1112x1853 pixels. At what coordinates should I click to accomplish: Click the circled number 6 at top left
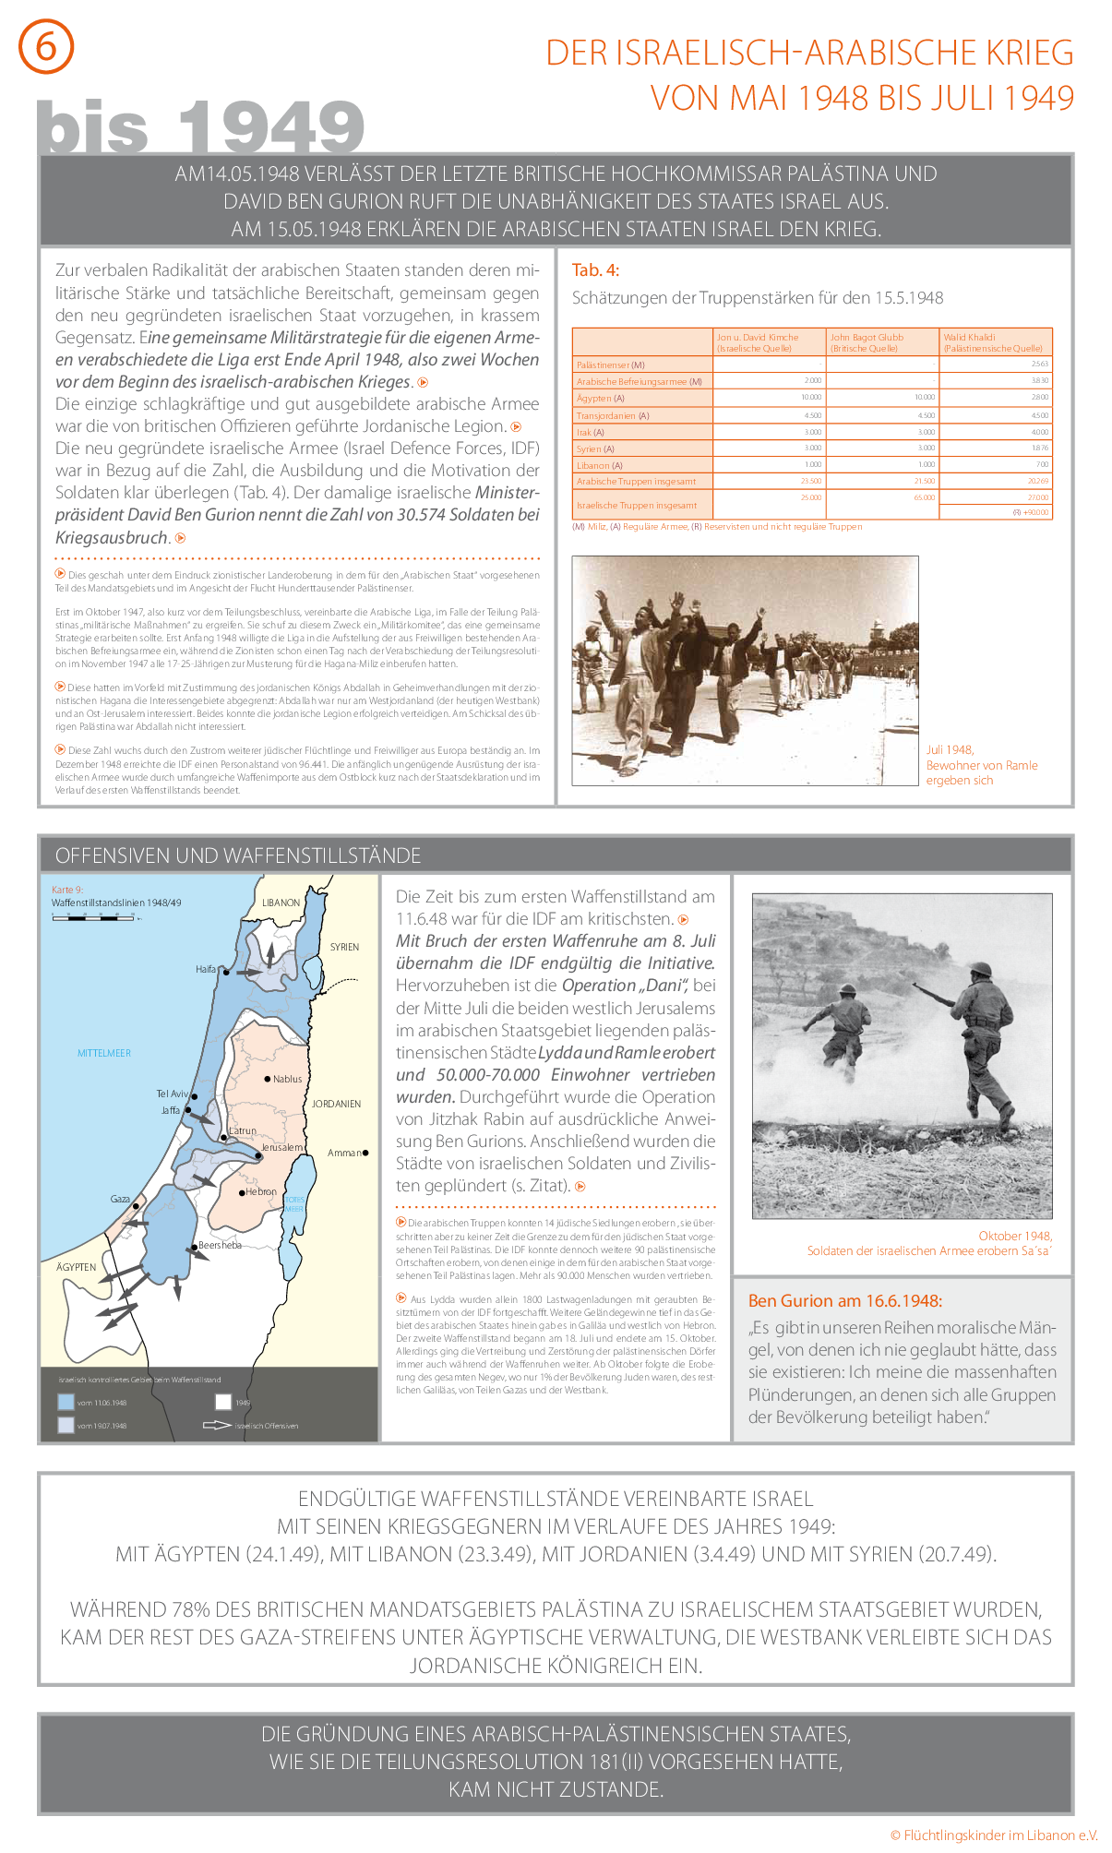(45, 46)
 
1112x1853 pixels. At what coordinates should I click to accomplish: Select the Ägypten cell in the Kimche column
(770, 398)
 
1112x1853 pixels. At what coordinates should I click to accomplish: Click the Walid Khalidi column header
(995, 342)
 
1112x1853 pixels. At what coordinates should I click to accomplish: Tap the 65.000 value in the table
(925, 497)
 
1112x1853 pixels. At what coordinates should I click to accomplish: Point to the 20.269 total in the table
(1038, 481)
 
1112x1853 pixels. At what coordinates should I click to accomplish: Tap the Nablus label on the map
(287, 1079)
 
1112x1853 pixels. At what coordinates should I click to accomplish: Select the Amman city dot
(365, 1153)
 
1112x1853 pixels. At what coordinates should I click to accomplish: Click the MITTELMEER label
(104, 1053)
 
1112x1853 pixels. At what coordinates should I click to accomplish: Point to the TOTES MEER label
(294, 1204)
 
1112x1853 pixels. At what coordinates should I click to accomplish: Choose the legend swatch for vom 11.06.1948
(66, 1402)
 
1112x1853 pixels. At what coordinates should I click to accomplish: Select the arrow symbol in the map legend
(217, 1425)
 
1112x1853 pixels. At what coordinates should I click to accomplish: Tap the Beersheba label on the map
(220, 1245)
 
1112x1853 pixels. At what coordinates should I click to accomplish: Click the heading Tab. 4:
(596, 270)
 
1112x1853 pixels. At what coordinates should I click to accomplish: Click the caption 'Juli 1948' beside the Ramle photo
(950, 750)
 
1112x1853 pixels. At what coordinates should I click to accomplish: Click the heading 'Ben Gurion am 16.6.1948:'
(844, 1301)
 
